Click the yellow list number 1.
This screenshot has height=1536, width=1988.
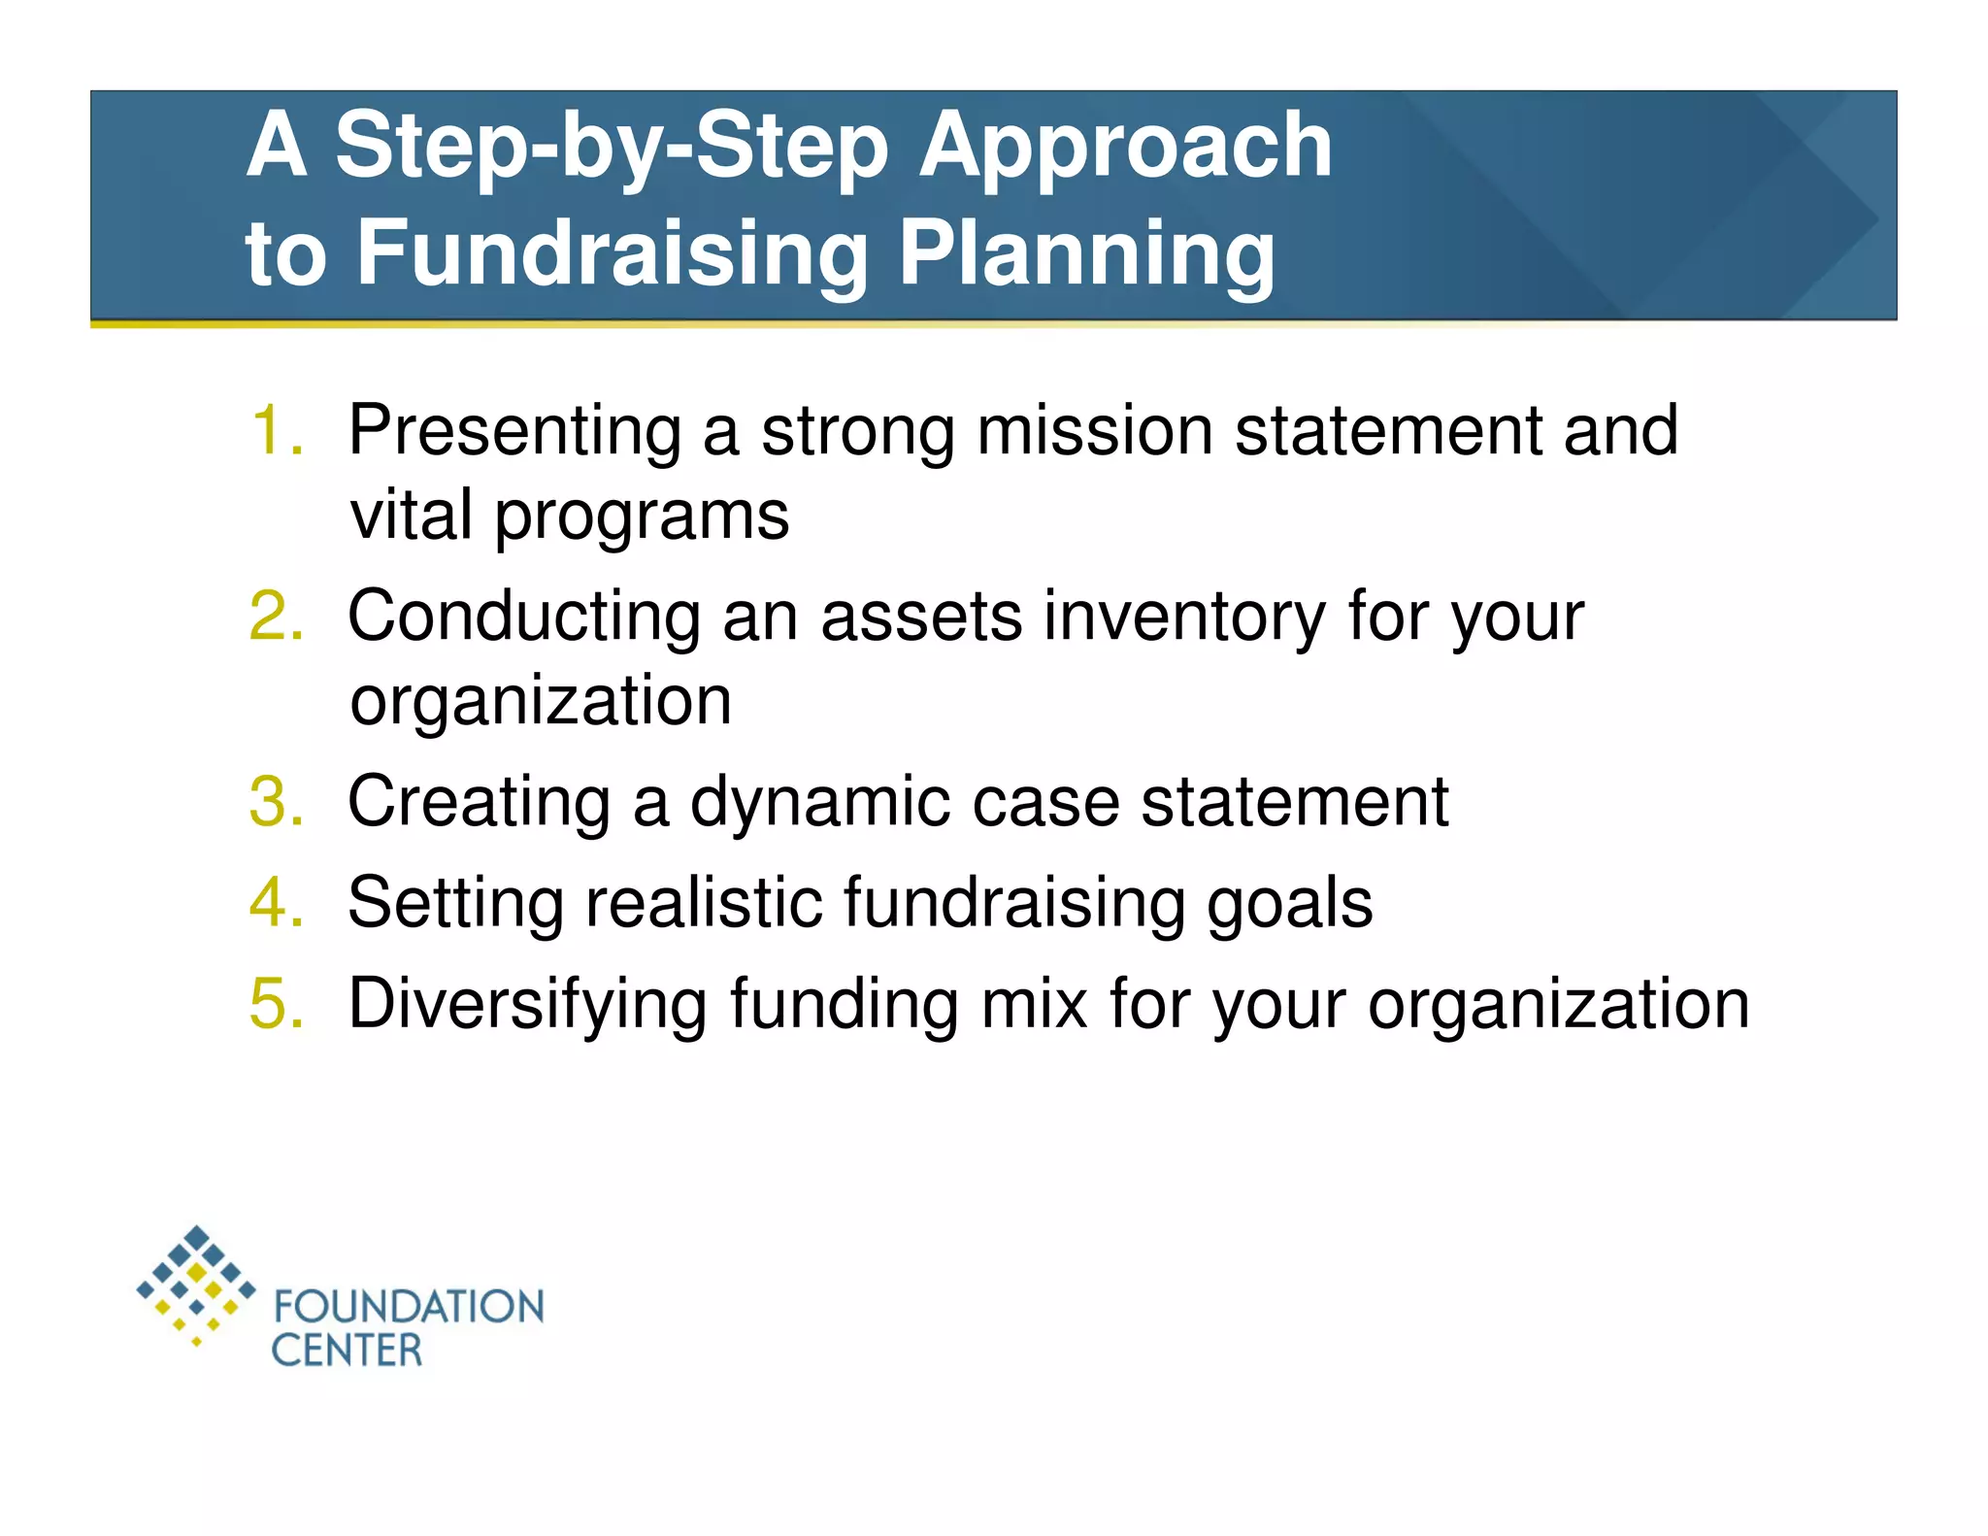(275, 430)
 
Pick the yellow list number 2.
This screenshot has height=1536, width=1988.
(275, 616)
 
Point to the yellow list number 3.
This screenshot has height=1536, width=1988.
(275, 802)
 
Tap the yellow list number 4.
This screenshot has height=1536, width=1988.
(275, 903)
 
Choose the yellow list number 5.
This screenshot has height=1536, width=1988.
(275, 1003)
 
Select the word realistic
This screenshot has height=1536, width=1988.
(702, 903)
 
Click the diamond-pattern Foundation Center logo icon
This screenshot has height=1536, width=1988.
(197, 1285)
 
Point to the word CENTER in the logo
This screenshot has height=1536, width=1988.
(347, 1351)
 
